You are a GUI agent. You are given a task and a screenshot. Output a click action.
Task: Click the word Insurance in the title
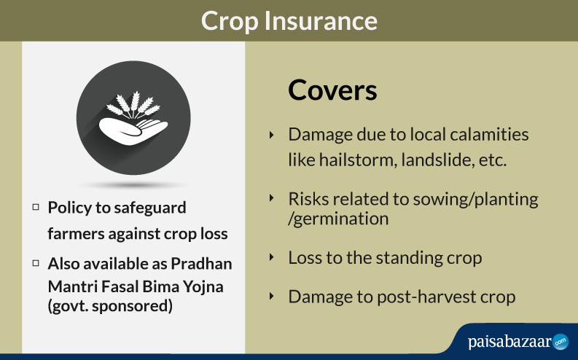click(321, 20)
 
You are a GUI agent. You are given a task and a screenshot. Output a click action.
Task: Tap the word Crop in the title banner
click(230, 22)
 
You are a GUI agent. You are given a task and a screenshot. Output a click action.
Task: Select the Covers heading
click(332, 90)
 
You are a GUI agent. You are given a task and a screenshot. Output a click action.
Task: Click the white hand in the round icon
click(133, 130)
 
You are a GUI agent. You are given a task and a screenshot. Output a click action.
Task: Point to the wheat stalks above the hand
click(133, 105)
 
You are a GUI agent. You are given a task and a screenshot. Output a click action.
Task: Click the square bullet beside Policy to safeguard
click(36, 207)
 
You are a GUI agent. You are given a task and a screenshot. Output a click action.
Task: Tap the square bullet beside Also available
click(36, 263)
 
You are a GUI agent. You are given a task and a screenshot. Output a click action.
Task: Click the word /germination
click(338, 219)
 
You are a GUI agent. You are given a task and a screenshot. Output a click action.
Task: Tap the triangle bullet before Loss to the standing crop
click(272, 257)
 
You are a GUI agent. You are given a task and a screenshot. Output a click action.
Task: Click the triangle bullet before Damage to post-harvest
click(272, 296)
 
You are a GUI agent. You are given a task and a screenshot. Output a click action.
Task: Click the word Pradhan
click(201, 264)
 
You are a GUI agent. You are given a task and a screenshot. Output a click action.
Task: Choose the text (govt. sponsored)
click(110, 306)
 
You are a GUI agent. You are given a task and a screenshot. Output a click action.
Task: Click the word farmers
click(76, 234)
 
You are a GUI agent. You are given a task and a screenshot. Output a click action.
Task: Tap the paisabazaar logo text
click(510, 342)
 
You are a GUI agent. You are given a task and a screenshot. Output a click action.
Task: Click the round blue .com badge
click(561, 342)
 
